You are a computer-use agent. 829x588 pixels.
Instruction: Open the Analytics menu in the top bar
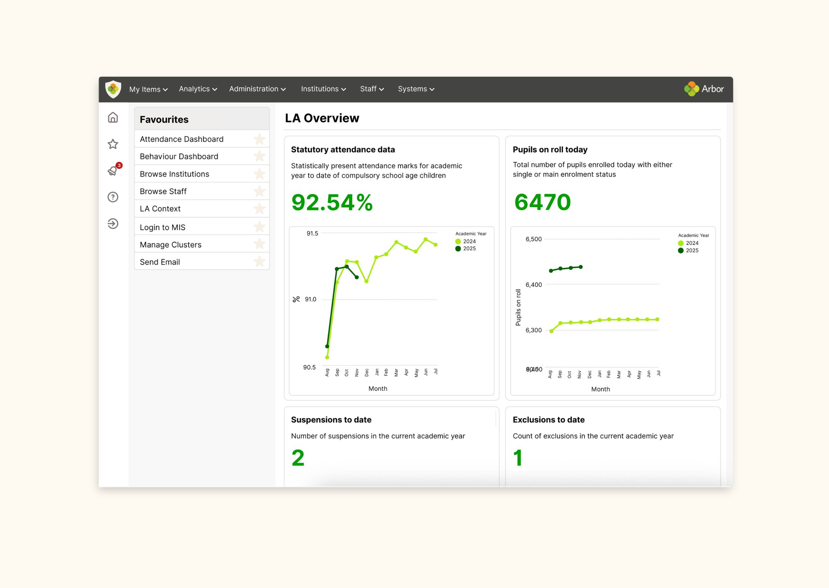198,89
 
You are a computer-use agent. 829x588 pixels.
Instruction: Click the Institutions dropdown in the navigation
323,89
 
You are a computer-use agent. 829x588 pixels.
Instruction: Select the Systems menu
416,89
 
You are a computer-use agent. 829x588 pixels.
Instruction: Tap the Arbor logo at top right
704,89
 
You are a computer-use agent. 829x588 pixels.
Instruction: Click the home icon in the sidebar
113,117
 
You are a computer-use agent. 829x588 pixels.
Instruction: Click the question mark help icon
113,197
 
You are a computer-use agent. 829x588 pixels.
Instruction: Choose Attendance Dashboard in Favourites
182,139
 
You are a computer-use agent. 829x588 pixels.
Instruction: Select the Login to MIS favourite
162,227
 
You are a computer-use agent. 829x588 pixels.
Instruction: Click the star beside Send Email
260,262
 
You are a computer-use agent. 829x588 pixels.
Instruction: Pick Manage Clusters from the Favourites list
170,245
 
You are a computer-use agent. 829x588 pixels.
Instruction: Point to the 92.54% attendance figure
332,202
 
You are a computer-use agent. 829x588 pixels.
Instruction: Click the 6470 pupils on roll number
543,202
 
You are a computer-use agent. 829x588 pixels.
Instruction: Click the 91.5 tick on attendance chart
312,233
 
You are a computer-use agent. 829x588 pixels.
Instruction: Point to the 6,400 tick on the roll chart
534,285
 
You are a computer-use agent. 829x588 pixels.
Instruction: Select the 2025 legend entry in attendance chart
465,249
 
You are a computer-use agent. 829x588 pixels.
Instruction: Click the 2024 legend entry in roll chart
688,243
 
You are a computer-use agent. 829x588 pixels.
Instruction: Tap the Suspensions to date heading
331,420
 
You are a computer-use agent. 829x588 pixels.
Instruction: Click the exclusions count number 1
518,458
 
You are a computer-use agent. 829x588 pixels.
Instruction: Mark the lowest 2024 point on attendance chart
327,358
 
